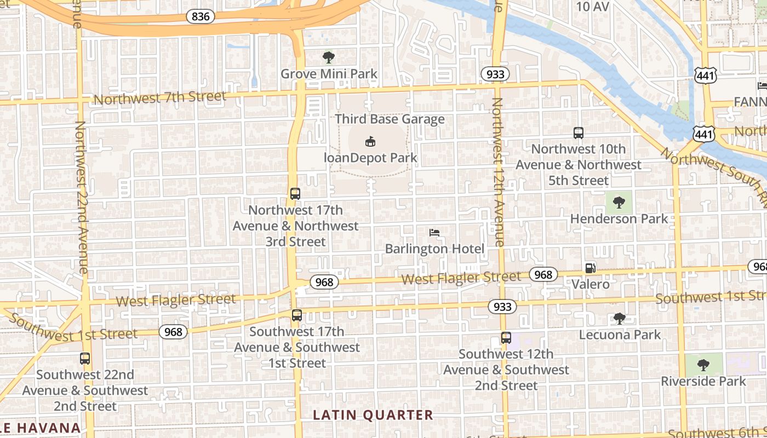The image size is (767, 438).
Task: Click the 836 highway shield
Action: [201, 16]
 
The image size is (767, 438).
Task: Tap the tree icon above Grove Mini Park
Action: [329, 57]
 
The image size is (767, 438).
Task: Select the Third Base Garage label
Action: [390, 119]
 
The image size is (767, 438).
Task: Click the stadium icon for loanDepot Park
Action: [370, 142]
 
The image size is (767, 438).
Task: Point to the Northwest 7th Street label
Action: [159, 98]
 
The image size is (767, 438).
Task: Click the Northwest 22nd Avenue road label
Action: [81, 197]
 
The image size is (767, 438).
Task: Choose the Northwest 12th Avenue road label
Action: [497, 172]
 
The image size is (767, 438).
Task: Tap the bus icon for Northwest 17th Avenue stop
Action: [295, 193]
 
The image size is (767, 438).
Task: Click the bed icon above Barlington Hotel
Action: [434, 233]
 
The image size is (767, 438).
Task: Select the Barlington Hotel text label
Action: [434, 249]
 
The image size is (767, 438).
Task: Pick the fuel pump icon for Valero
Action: [591, 268]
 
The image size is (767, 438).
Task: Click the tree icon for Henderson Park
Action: [619, 203]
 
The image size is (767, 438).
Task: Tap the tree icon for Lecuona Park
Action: [620, 318]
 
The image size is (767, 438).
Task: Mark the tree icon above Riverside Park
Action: [703, 365]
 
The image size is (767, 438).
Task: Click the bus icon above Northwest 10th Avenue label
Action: [579, 132]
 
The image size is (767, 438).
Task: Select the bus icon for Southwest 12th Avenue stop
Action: [506, 338]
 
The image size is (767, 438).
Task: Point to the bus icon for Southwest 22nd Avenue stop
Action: [85, 359]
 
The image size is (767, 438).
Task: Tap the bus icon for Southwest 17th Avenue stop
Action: [297, 315]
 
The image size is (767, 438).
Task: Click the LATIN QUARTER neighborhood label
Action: [373, 415]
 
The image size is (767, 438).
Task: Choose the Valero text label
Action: [591, 284]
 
